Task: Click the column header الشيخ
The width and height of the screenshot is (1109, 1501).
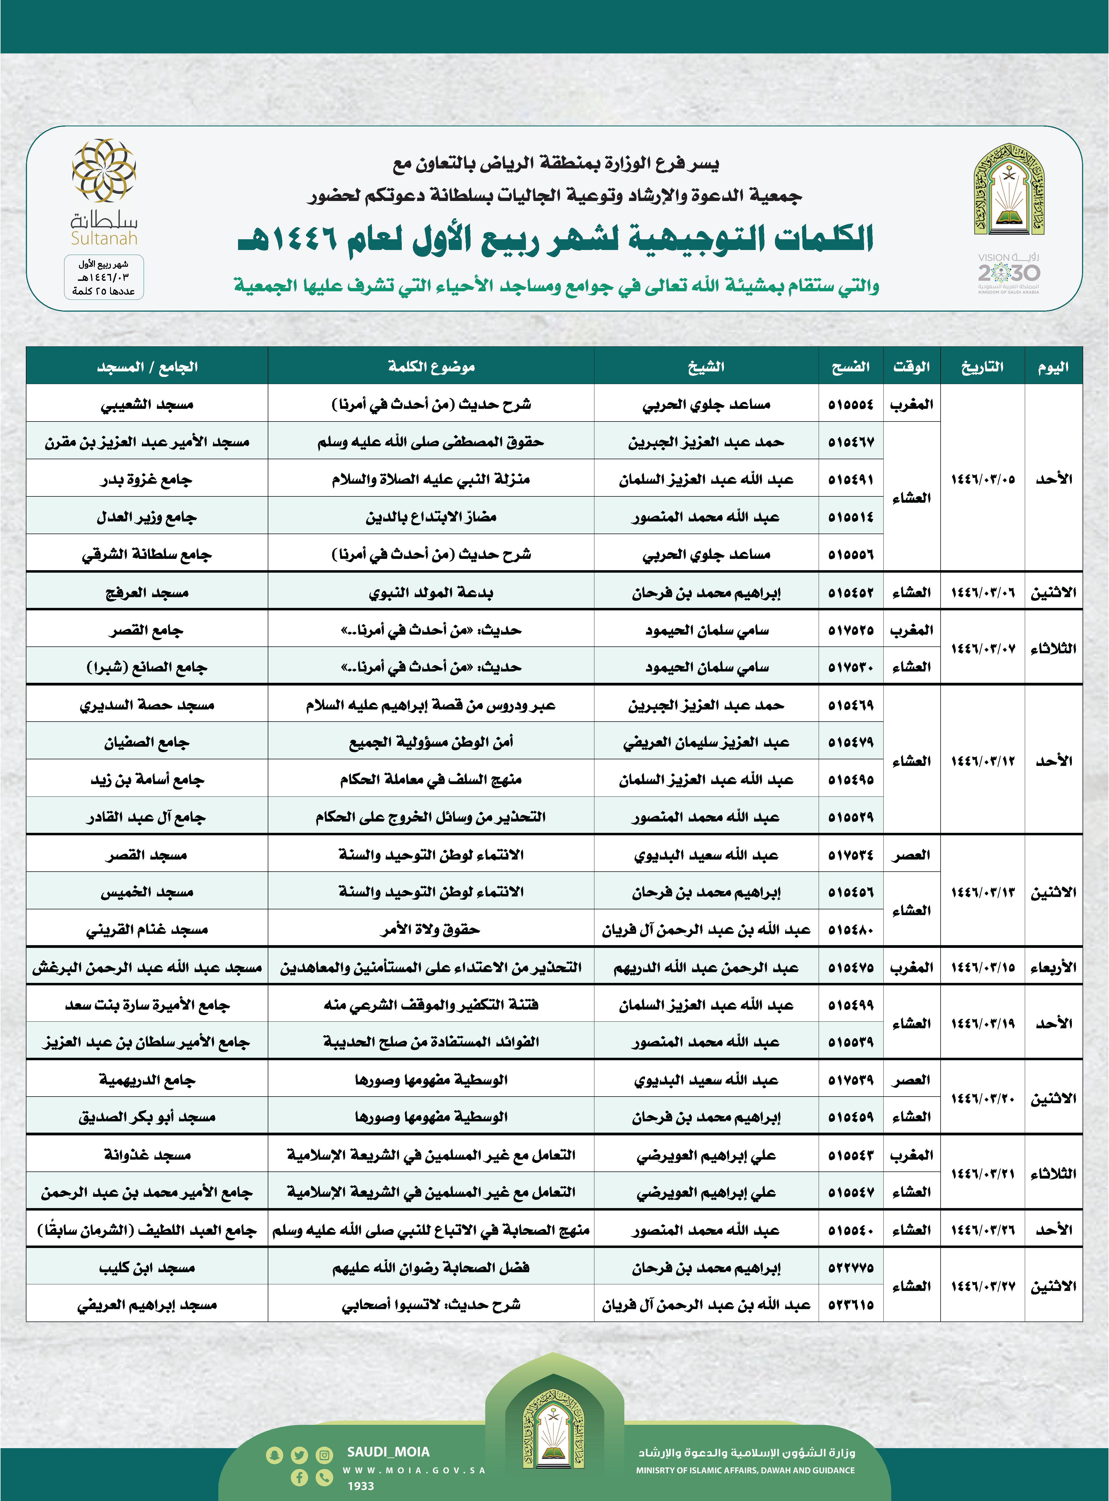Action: point(706,367)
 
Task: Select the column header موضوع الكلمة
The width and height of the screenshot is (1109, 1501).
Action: point(431,367)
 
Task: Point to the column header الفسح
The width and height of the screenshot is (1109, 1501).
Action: point(851,367)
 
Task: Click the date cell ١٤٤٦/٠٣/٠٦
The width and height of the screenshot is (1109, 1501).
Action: point(982,592)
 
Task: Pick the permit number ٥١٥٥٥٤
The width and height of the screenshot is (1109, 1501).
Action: point(851,404)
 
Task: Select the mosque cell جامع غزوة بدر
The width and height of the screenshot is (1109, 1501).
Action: point(146,480)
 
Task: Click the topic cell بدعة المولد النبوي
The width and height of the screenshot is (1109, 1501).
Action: point(431,592)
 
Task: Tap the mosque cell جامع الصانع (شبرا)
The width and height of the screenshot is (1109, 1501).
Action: point(146,667)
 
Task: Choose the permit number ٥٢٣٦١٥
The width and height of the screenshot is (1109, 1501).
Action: point(851,1305)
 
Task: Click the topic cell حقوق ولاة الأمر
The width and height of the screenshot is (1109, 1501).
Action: point(431,929)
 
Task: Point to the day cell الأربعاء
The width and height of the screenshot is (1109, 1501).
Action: point(1053,967)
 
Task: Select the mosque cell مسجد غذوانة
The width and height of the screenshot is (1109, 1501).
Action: point(146,1154)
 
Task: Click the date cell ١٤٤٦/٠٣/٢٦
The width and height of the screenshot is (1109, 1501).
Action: point(982,1230)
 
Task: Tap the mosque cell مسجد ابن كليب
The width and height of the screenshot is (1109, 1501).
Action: point(146,1267)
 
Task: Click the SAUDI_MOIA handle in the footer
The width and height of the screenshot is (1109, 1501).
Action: point(388,1451)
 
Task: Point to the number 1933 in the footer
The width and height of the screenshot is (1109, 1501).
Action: point(360,1486)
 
